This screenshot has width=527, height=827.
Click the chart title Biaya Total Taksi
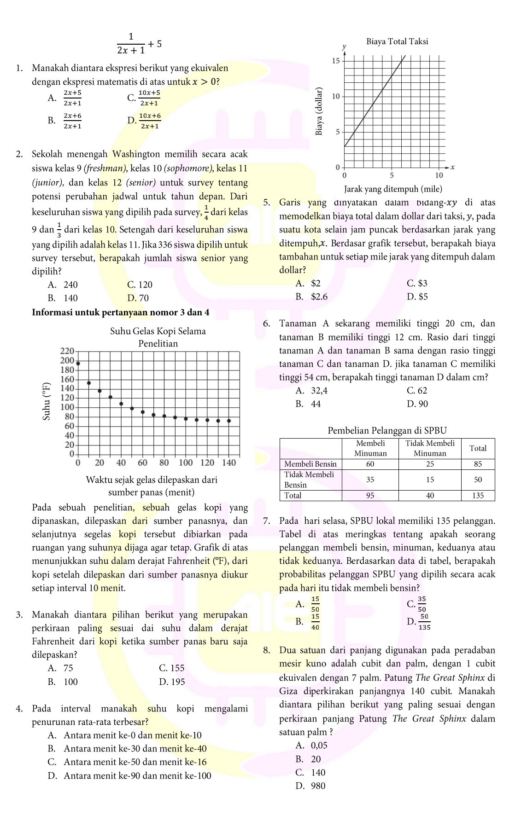click(x=397, y=41)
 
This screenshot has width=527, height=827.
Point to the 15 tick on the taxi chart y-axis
click(x=336, y=61)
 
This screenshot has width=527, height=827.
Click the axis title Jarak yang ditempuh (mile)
click(x=393, y=189)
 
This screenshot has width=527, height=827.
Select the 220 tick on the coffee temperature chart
click(x=67, y=351)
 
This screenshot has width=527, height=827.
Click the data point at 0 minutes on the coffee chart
click(x=78, y=364)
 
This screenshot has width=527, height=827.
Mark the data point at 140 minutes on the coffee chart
click(x=229, y=421)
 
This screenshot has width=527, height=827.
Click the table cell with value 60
click(x=370, y=464)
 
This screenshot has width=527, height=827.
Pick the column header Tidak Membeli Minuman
click(x=429, y=448)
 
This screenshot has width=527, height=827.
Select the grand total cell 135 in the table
click(x=478, y=495)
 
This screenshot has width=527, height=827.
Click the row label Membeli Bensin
click(x=310, y=464)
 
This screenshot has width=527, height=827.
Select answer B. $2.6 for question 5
click(x=312, y=297)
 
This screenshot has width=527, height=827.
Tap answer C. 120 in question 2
click(x=140, y=285)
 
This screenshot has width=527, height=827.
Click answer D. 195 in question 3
click(x=172, y=682)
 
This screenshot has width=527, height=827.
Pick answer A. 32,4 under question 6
click(x=312, y=391)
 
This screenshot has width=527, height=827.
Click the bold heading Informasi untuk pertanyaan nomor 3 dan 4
click(x=121, y=312)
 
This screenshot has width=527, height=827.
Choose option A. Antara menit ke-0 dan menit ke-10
click(x=125, y=735)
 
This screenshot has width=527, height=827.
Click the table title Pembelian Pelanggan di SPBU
click(x=387, y=431)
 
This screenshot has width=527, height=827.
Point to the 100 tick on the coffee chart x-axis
click(x=186, y=463)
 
